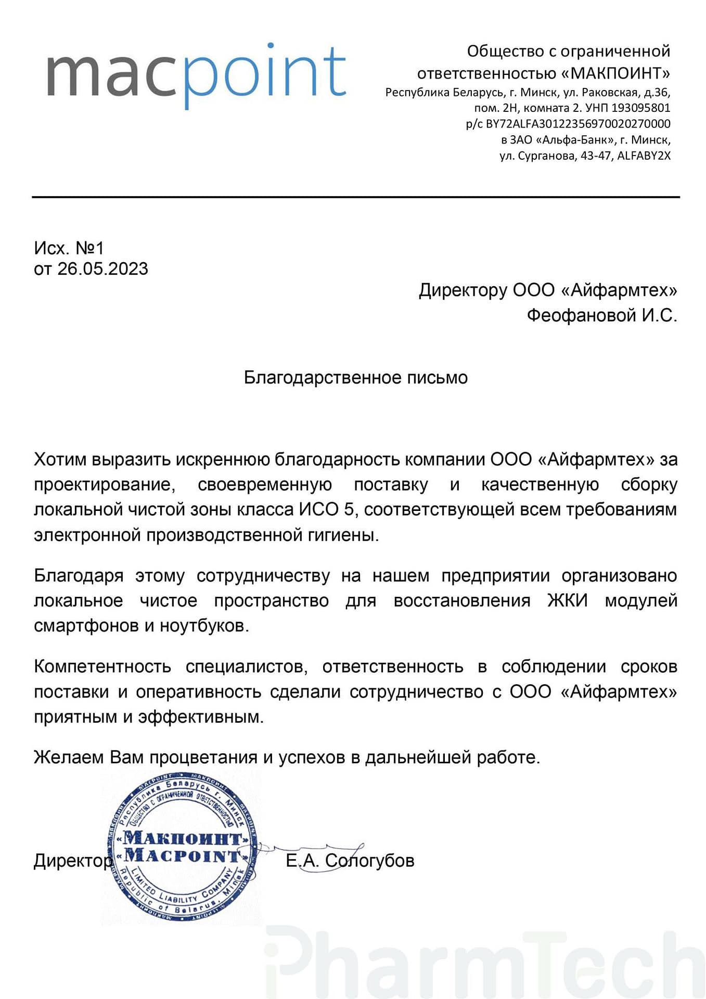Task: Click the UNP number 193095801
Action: tap(641, 108)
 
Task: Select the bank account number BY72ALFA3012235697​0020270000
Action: tap(578, 124)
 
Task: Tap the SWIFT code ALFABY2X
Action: tap(644, 156)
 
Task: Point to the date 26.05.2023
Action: tap(102, 269)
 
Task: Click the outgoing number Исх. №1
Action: tap(69, 248)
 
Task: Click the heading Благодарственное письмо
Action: tap(355, 377)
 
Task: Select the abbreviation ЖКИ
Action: tap(567, 600)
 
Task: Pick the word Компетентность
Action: tap(102, 667)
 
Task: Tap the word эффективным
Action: tap(201, 717)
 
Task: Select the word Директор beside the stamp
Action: tap(73, 861)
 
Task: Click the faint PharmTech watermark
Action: tap(484, 963)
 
